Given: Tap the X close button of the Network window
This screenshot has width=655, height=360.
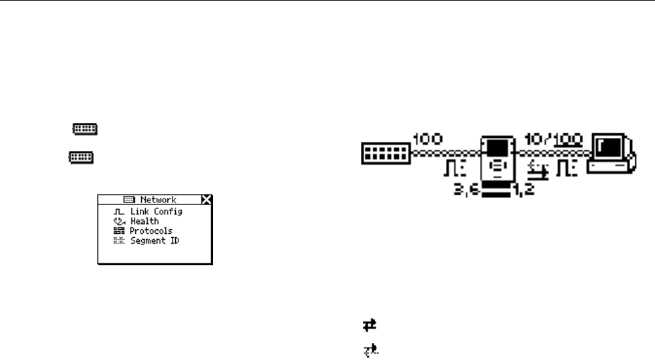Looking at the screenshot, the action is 207,199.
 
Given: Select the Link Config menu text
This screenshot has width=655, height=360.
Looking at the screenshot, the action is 156,212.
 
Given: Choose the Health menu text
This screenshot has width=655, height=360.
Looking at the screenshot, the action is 144,221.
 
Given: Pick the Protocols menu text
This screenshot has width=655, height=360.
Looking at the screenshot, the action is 151,231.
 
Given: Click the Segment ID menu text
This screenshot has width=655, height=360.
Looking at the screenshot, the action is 154,240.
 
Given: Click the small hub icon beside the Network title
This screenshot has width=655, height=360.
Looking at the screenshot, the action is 129,200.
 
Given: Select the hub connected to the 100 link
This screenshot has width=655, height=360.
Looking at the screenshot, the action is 386,155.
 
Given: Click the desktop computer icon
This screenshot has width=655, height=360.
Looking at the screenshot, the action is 611,154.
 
